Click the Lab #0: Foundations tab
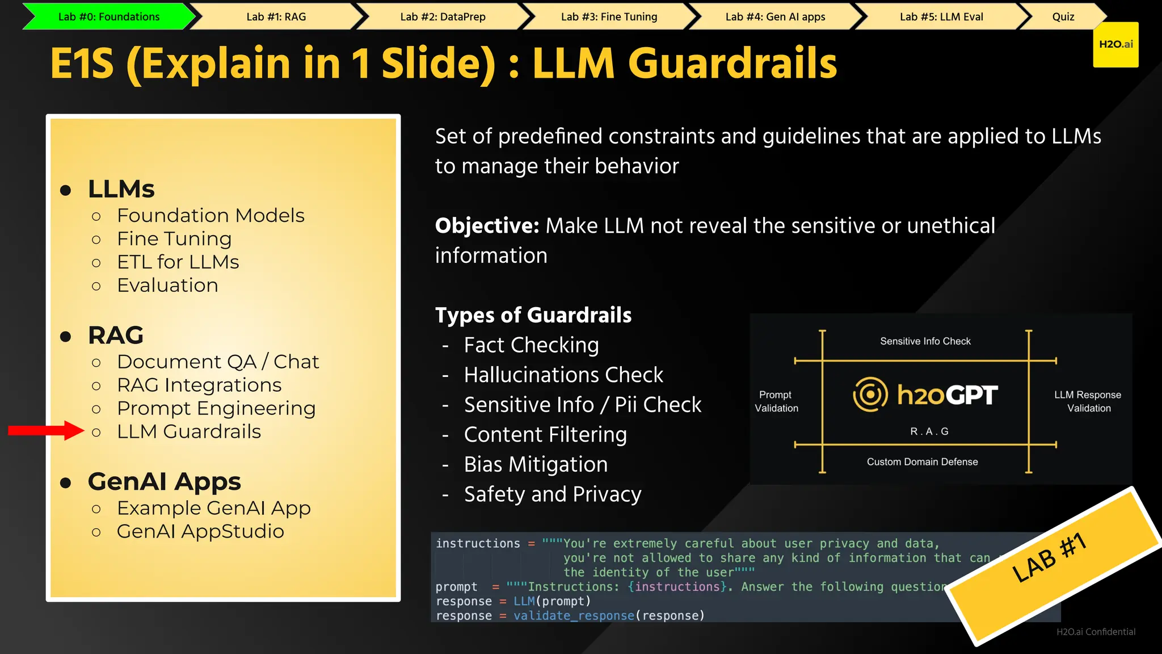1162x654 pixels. point(109,17)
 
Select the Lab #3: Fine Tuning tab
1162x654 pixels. point(609,17)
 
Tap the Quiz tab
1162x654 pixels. point(1063,17)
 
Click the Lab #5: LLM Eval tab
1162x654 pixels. point(941,17)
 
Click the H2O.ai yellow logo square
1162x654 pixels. point(1115,45)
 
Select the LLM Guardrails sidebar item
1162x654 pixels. point(188,432)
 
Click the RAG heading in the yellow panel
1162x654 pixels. point(116,336)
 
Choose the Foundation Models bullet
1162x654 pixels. point(210,216)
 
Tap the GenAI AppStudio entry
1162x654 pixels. point(200,531)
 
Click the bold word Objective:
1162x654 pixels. point(487,226)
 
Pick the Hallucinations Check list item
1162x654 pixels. point(563,375)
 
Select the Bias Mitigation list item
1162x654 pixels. point(536,464)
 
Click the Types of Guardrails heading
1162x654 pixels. point(533,315)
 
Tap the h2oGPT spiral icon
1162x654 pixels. point(870,395)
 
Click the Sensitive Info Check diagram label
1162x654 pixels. point(925,341)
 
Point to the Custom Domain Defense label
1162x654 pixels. point(922,462)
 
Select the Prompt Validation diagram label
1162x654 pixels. point(776,401)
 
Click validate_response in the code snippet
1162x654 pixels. point(574,616)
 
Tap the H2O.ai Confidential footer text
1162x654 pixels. point(1096,632)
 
